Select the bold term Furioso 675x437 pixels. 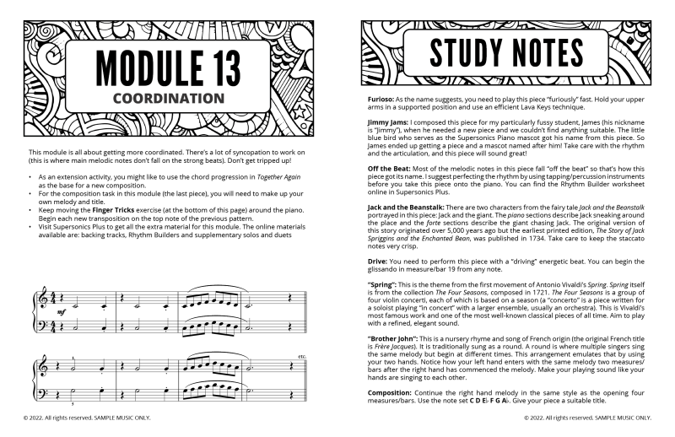[x=377, y=100]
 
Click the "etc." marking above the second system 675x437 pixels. [x=301, y=356]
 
